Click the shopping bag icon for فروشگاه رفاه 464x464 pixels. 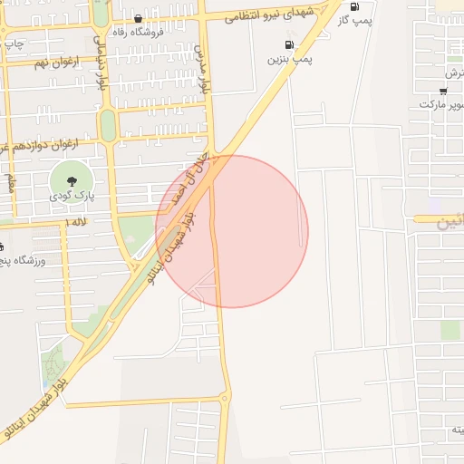tap(138, 18)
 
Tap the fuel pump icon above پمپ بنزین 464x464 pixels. tap(289, 43)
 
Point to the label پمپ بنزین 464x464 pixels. tap(289, 59)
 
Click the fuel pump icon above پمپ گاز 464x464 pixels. tap(353, 6)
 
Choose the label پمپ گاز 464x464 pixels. tap(353, 20)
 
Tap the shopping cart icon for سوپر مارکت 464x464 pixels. tap(443, 91)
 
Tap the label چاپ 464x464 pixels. tap(13, 42)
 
